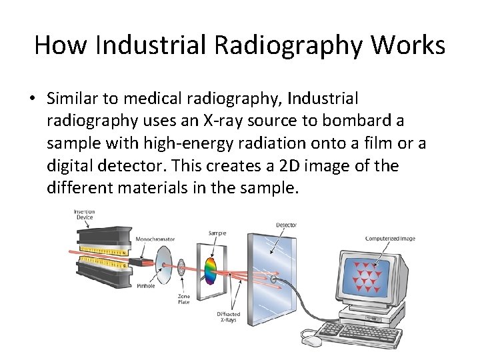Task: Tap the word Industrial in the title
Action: (150, 45)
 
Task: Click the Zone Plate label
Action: (183, 299)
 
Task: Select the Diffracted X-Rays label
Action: (229, 317)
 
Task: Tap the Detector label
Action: (286, 225)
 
